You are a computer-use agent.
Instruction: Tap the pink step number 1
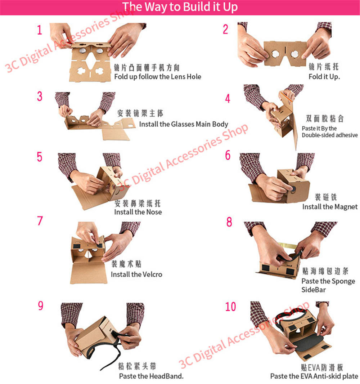point(39,30)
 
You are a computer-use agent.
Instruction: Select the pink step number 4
point(228,98)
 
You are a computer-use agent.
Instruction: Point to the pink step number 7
point(40,221)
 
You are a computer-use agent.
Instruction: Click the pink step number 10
point(230,307)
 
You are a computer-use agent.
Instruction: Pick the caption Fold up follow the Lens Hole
point(158,77)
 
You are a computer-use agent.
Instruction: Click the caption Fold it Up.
point(324,77)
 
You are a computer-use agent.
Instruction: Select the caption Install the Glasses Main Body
point(184,124)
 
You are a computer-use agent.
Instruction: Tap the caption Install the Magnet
point(330,207)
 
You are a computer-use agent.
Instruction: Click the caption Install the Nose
point(138,212)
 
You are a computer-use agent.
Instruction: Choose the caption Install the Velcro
point(136,274)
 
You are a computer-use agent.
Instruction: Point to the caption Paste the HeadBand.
point(151,376)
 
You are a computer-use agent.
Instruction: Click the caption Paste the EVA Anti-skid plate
point(314,376)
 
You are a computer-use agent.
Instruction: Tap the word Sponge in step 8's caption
point(343,281)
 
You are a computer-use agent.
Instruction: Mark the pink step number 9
point(41,306)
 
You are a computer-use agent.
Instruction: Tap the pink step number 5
point(39,157)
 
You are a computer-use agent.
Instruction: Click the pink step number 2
point(225,30)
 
